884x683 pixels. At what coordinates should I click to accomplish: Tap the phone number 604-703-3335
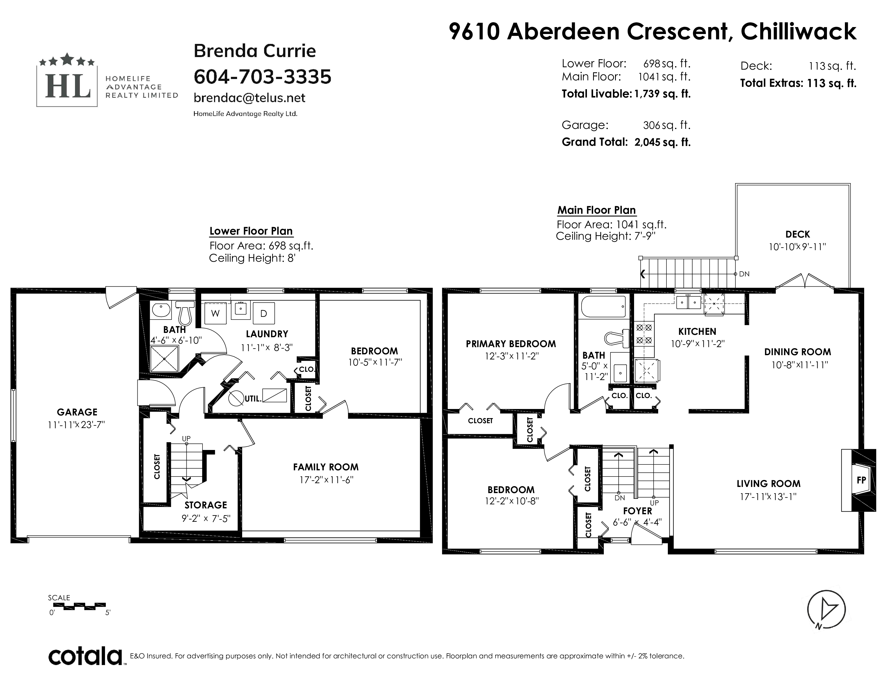point(262,77)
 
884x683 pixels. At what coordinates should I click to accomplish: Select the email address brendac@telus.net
point(249,98)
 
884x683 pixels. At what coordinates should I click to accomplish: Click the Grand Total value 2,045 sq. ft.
point(662,142)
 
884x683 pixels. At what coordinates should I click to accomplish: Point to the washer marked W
point(215,313)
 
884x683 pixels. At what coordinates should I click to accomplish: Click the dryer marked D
point(264,313)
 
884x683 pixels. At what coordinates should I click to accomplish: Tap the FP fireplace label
point(861,480)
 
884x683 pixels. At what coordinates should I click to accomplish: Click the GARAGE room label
point(77,412)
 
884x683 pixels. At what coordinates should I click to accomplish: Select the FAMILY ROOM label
point(326,467)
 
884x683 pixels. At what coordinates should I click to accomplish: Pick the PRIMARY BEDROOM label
point(511,344)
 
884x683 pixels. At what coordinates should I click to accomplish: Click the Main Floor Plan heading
point(597,211)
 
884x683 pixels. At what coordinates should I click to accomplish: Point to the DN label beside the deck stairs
point(744,274)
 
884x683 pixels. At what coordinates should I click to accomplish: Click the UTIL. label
point(253,399)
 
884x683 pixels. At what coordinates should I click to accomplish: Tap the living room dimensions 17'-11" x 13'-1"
point(768,497)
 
